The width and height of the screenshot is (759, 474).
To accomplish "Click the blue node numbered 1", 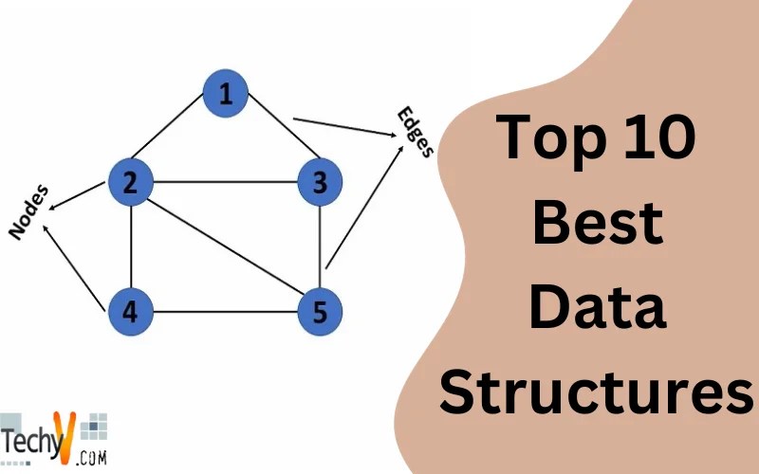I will point(225,93).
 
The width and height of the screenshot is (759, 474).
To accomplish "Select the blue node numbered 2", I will point(131,182).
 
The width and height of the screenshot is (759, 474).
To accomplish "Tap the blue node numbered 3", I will point(320,182).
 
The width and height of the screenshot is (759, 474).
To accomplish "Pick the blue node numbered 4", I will point(131,311).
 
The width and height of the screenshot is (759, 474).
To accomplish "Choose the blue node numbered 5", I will point(320,311).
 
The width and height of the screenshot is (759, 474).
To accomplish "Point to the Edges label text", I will point(417,133).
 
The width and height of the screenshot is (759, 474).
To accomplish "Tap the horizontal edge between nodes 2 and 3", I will point(225,182).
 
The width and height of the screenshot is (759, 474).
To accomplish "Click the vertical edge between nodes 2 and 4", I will point(131,246).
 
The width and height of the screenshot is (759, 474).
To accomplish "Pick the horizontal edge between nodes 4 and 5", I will point(225,311).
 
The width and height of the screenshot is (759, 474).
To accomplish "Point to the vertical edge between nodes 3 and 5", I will point(320,246).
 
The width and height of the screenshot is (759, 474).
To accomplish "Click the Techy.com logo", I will point(52,438).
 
